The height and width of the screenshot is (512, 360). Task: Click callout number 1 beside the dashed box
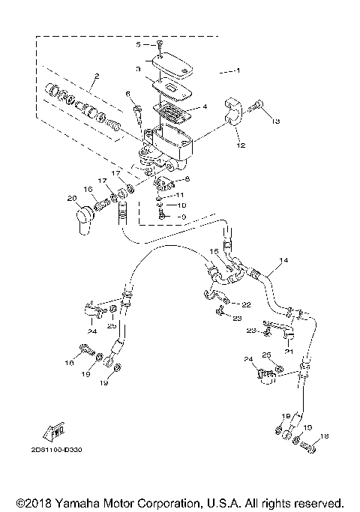point(237,71)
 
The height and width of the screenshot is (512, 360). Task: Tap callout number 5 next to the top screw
point(138,45)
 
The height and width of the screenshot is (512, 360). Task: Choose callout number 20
point(72,199)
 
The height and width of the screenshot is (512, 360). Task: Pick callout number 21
point(288,351)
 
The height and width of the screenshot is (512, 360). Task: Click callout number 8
point(187,179)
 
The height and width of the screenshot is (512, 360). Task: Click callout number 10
point(181,204)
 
